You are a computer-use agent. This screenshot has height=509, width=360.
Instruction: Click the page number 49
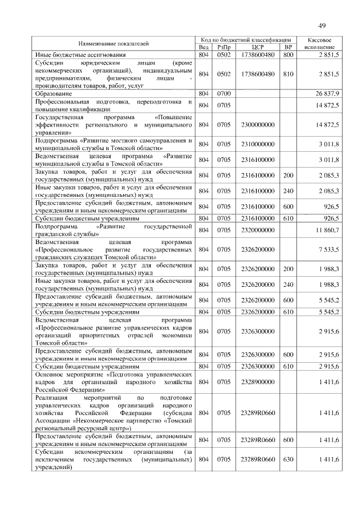click(322, 25)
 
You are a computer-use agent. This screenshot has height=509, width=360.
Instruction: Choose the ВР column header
click(288, 47)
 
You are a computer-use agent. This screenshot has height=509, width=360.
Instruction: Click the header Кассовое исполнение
click(319, 43)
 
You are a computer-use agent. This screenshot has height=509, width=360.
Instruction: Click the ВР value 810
click(288, 74)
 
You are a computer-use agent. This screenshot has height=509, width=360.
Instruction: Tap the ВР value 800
click(288, 55)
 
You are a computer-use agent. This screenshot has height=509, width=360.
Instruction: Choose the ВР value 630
click(288, 460)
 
